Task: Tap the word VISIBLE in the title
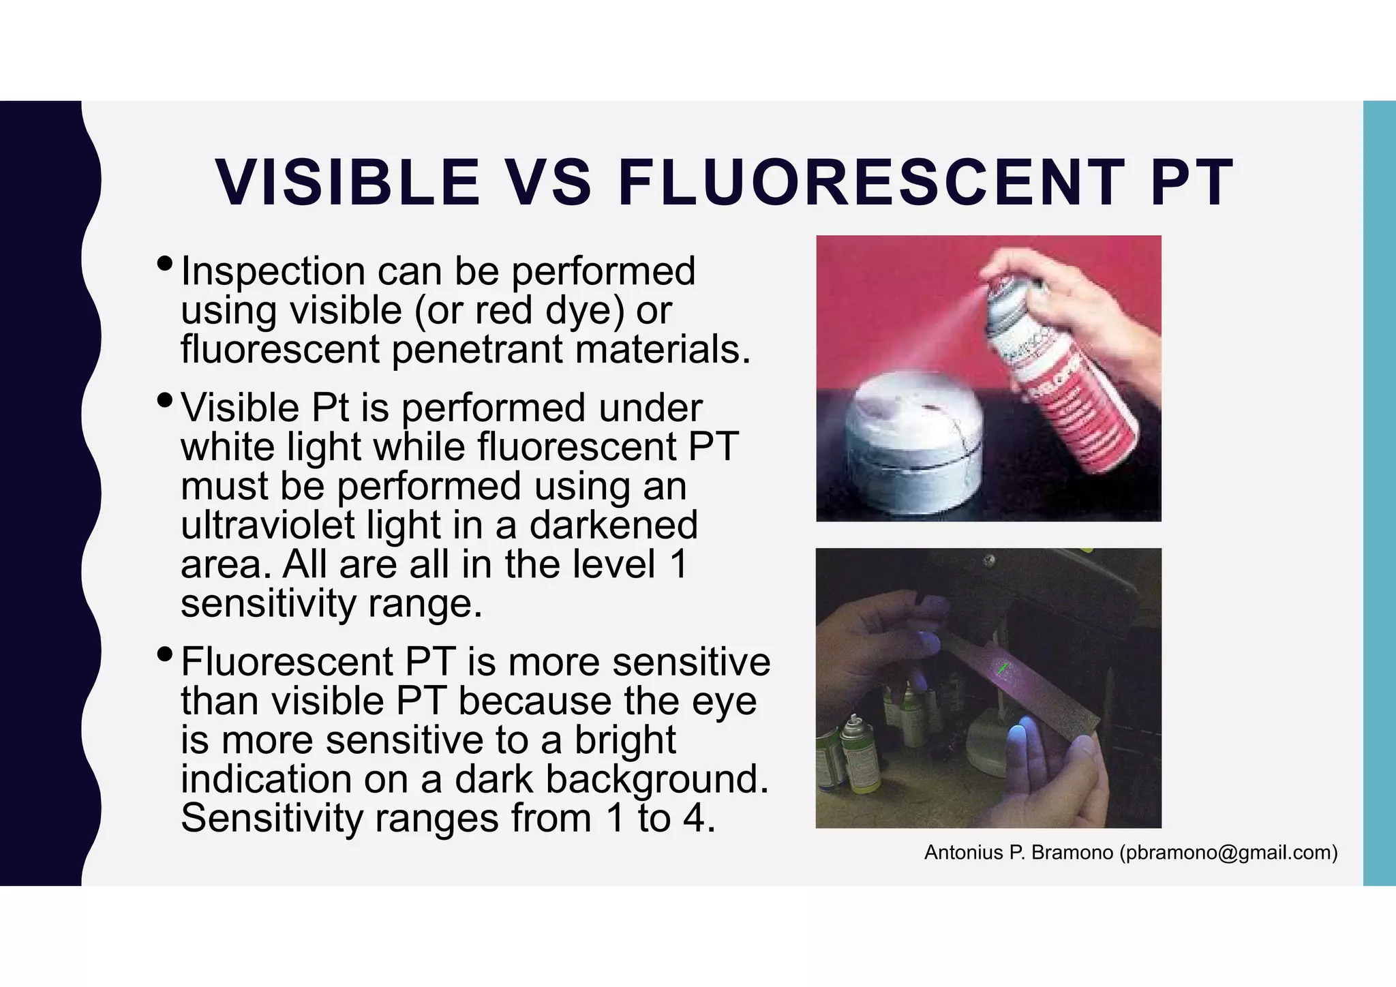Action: click(347, 183)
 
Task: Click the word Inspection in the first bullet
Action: click(273, 271)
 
